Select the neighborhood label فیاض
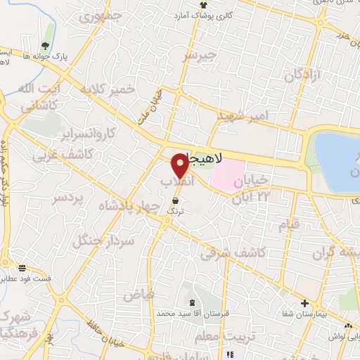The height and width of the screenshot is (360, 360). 139,294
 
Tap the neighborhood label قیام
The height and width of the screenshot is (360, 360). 289,224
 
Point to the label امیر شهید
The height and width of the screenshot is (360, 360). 243,115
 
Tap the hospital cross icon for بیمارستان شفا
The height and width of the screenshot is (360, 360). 304,304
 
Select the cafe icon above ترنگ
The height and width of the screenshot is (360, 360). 174,200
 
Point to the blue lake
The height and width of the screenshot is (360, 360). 339,162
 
